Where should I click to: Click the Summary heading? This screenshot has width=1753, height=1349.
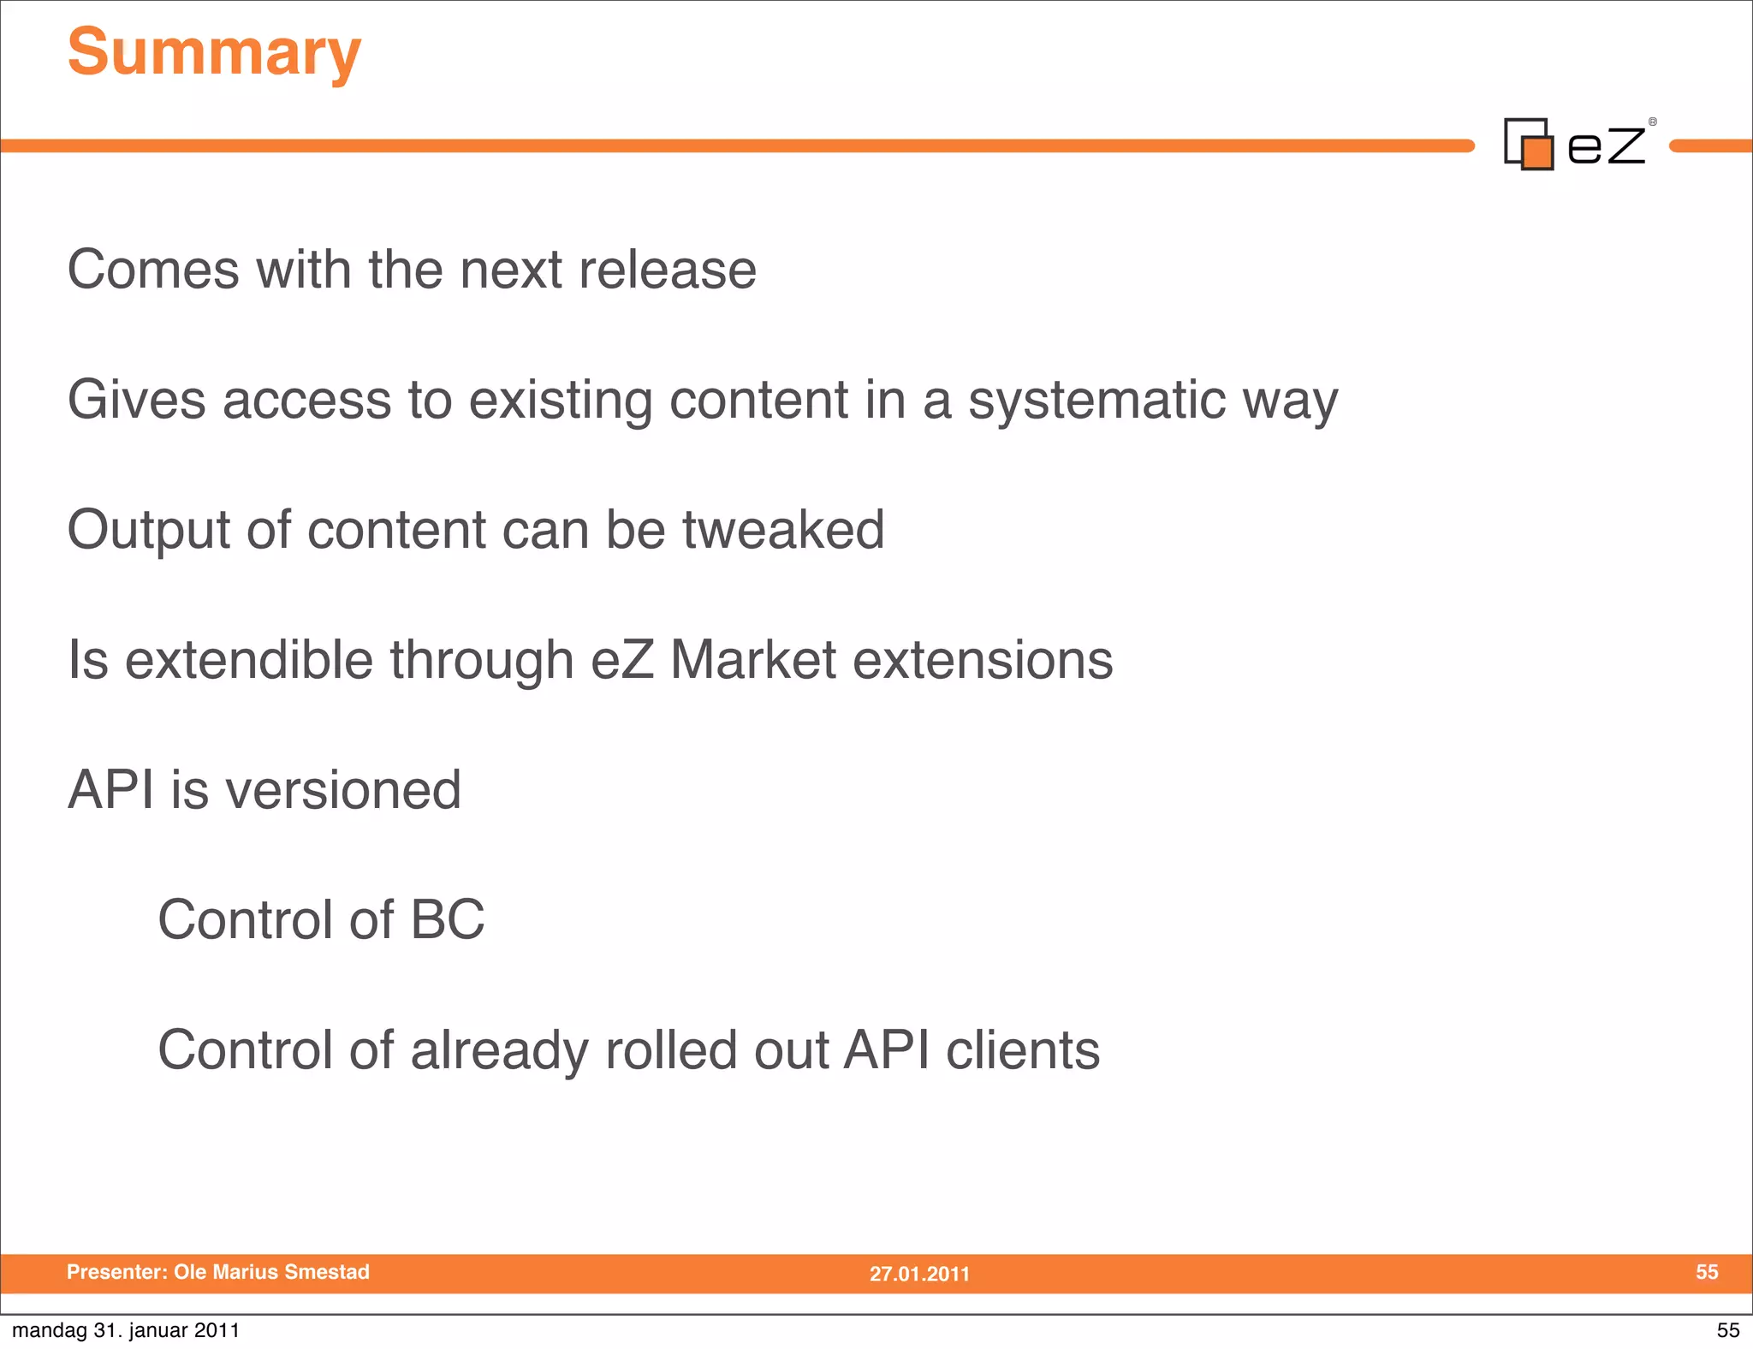click(214, 53)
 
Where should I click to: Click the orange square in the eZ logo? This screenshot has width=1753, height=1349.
click(1537, 153)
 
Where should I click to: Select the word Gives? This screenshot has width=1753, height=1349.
click(137, 400)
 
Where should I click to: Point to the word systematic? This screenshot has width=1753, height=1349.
click(1096, 400)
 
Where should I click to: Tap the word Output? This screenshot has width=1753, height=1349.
click(148, 532)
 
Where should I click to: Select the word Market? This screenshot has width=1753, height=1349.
click(752, 660)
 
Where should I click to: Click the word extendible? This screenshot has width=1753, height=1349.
click(249, 660)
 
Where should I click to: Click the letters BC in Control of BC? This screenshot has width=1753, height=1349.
click(447, 920)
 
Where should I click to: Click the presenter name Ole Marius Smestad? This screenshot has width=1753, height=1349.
click(271, 1272)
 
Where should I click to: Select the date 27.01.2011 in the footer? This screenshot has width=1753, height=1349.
click(919, 1274)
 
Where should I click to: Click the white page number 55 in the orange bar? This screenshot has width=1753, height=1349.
click(1706, 1272)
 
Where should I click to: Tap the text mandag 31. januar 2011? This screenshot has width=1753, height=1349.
click(126, 1330)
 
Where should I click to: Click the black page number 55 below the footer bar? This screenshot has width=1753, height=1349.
click(1727, 1330)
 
